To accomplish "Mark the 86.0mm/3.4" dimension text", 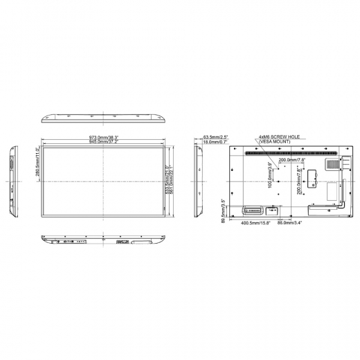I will (x=288, y=224).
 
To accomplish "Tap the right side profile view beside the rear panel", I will (x=198, y=179).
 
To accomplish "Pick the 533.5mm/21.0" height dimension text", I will (x=167, y=179).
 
